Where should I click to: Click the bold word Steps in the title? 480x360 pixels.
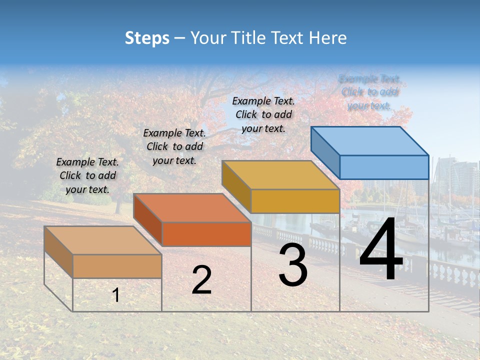147,38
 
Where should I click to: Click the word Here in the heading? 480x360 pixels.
327,38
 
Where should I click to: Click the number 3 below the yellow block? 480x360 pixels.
293,265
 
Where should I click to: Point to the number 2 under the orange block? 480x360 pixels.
201,280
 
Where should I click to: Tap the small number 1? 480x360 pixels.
115,295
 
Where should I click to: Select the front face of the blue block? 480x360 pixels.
384,167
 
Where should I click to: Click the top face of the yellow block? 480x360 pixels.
281,175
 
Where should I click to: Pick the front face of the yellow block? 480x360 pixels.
295,201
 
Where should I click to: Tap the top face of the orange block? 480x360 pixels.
192,208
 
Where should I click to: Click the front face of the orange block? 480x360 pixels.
206,234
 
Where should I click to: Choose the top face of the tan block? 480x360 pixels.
102,240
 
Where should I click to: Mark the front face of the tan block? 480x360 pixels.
117,266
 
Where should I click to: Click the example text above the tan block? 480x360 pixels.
87,175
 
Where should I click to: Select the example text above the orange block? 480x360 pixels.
174,146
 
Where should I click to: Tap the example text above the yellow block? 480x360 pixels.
263,114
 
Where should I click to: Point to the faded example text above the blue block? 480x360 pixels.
369,92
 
